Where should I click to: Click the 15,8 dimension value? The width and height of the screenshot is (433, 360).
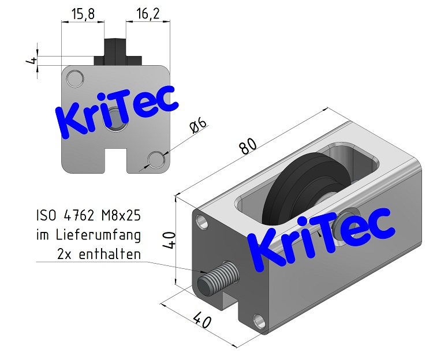pos(83,13)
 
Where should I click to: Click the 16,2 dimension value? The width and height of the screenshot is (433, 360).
pos(148,13)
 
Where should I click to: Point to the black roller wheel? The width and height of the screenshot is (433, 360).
pos(294,190)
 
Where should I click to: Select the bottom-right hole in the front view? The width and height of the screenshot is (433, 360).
pos(156,159)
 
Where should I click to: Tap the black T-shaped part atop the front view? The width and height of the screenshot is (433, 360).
pos(118,52)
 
